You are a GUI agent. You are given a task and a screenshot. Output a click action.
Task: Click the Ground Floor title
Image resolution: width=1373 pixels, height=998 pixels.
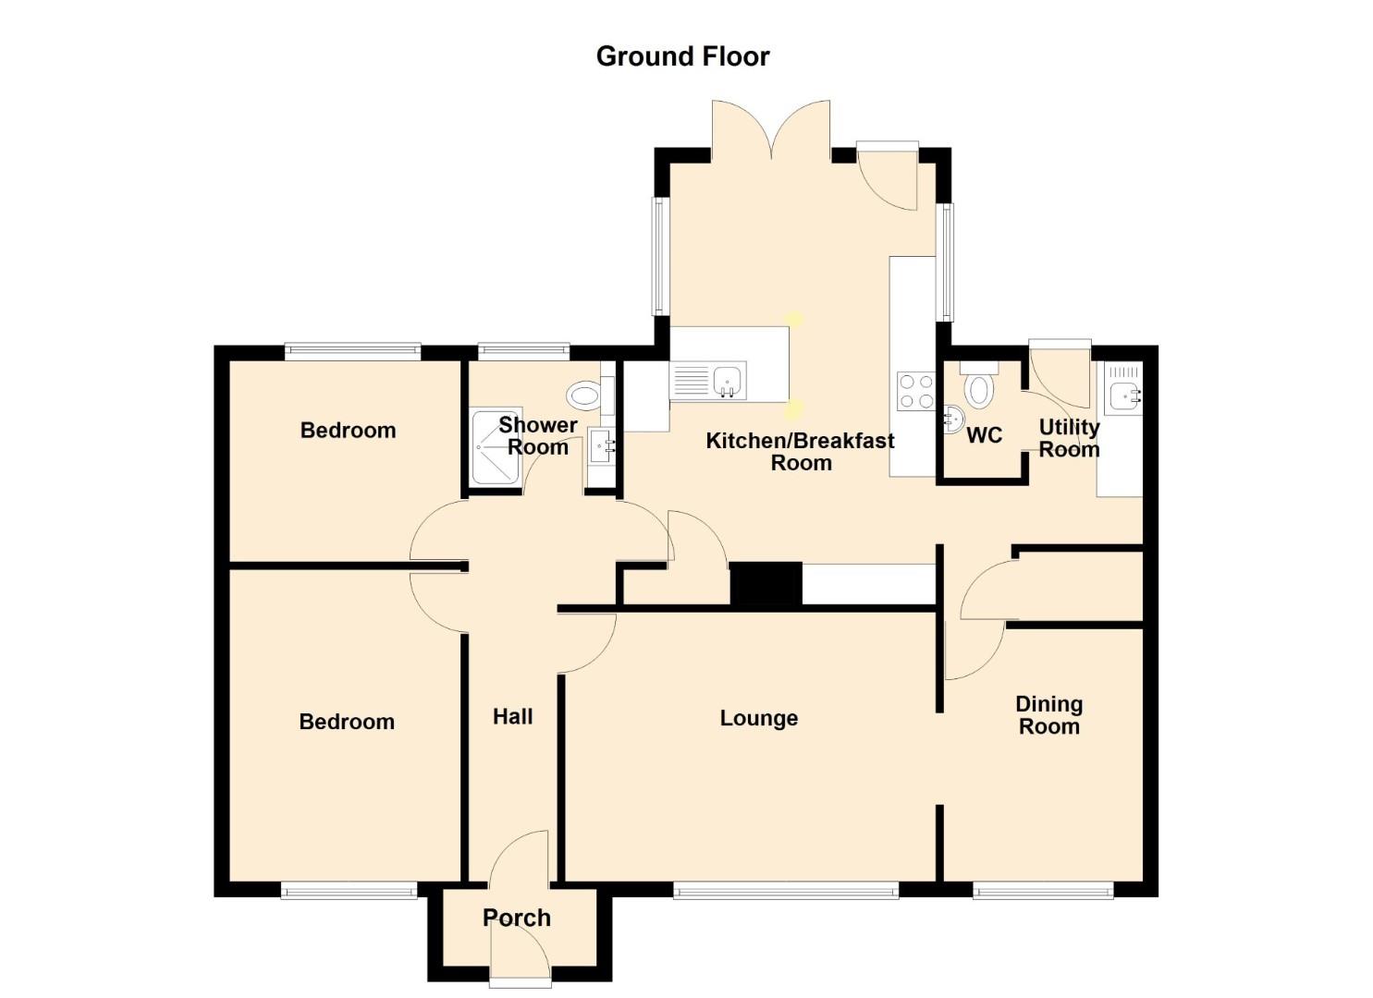click(x=682, y=57)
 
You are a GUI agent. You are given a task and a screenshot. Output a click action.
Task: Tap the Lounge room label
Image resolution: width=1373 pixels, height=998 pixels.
click(x=759, y=719)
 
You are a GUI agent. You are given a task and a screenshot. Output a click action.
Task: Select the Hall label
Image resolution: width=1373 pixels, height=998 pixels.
click(x=512, y=717)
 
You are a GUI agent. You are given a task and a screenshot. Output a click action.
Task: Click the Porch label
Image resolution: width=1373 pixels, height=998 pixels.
click(x=517, y=918)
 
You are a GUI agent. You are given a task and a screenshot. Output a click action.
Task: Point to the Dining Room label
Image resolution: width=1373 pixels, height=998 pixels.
click(x=1048, y=715)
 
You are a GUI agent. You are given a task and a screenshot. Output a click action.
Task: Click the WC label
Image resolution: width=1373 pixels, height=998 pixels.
click(x=984, y=435)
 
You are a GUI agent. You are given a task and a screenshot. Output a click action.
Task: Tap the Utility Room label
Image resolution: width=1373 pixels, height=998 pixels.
click(x=1069, y=438)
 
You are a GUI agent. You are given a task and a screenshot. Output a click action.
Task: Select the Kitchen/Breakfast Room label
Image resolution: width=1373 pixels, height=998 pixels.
click(x=800, y=452)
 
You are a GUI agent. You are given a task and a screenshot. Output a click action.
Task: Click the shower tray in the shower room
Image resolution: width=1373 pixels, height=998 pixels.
click(x=496, y=445)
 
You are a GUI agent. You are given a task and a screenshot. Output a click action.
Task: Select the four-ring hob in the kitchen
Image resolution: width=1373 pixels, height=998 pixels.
click(x=915, y=392)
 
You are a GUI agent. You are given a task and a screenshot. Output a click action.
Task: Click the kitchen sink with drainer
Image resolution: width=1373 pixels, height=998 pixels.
click(x=708, y=381)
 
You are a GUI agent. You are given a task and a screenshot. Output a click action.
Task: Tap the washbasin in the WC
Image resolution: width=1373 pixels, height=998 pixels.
click(x=952, y=420)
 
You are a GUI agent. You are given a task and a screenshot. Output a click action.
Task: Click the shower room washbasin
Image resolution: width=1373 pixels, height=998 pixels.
click(x=601, y=447)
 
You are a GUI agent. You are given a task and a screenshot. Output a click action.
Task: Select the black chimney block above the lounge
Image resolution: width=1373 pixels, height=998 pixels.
click(x=766, y=584)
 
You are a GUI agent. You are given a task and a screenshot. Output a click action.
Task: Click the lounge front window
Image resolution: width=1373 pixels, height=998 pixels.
click(x=786, y=890)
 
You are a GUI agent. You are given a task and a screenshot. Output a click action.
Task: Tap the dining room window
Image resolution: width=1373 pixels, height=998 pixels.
click(x=1043, y=890)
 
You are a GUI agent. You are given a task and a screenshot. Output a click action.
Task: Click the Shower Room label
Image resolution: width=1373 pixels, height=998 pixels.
click(x=537, y=436)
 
